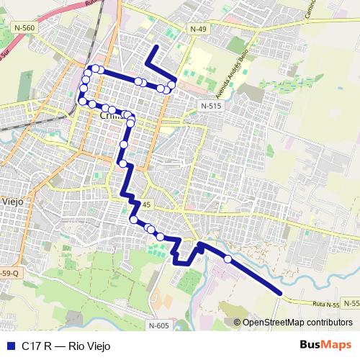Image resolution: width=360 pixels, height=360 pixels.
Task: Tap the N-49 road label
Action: click(198, 28)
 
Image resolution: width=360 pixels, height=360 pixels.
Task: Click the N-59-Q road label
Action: click(8, 274)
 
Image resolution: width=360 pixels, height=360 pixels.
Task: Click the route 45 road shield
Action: click(146, 204)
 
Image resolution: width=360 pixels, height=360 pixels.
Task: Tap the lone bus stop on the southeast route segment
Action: click(228, 258)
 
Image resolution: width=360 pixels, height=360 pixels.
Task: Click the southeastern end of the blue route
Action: click(279, 292)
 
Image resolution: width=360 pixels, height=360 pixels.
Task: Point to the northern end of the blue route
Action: click(155, 47)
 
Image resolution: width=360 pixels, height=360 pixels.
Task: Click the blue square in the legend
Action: click(9, 346)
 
